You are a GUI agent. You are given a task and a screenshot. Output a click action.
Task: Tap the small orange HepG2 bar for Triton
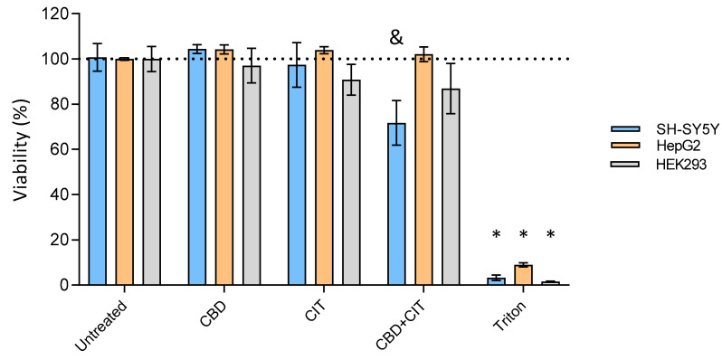click(523, 275)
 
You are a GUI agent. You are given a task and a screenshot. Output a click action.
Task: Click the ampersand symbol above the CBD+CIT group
click(395, 37)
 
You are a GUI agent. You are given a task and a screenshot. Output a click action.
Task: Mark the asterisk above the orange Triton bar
click(523, 236)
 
